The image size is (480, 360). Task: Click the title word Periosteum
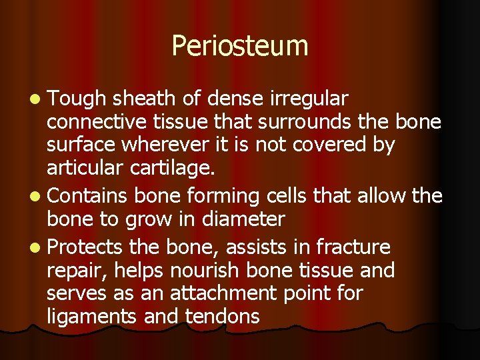[240, 46]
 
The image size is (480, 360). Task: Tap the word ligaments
[93, 317]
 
